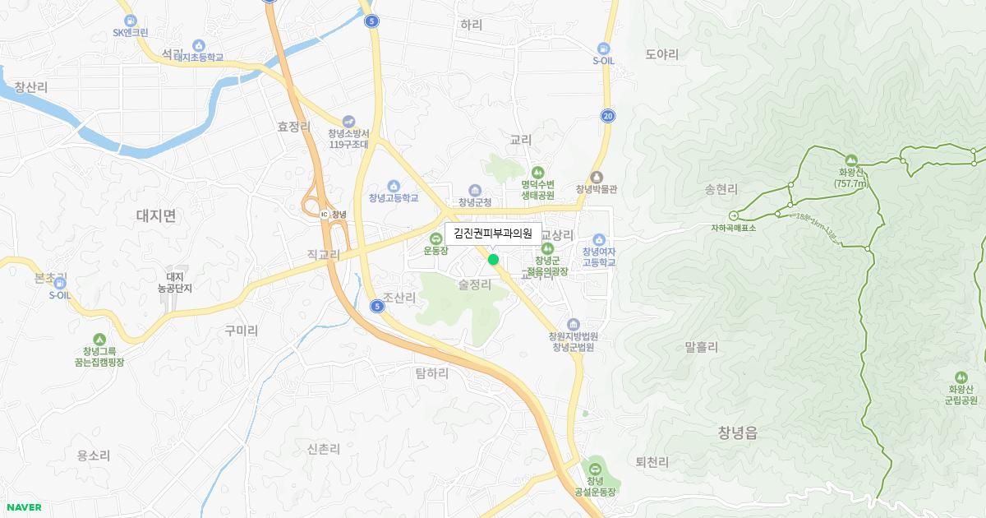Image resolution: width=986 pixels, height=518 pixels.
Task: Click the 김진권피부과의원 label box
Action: pyautogui.click(x=493, y=234)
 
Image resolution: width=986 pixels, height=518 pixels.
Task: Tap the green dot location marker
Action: pyautogui.click(x=493, y=260)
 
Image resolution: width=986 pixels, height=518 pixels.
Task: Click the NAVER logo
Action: pyautogui.click(x=23, y=507)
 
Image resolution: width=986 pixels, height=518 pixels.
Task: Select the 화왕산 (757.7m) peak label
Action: pyautogui.click(x=850, y=178)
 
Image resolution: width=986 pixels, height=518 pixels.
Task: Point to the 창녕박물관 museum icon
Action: pyautogui.click(x=597, y=177)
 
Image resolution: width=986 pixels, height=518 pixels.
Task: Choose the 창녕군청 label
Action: pyautogui.click(x=475, y=202)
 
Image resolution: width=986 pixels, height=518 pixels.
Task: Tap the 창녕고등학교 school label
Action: pyautogui.click(x=394, y=198)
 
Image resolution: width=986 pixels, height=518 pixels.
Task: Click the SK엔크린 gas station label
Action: pyautogui.click(x=131, y=33)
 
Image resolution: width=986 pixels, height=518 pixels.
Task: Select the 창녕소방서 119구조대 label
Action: pyautogui.click(x=349, y=139)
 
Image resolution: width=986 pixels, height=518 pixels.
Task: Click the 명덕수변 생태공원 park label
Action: pyautogui.click(x=537, y=190)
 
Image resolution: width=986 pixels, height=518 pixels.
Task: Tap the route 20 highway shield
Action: pyautogui.click(x=607, y=116)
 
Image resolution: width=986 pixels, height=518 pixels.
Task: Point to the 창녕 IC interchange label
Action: pyautogui.click(x=334, y=215)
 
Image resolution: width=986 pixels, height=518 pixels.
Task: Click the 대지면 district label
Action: pyautogui.click(x=156, y=216)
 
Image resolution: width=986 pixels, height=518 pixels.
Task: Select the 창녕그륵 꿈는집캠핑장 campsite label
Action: pyautogui.click(x=99, y=356)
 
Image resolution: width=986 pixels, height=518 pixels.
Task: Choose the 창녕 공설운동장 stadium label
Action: pyautogui.click(x=595, y=486)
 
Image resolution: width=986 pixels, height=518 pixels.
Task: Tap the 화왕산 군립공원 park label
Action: pyautogui.click(x=961, y=395)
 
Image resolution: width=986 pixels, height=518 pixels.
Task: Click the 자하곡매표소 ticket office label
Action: pyautogui.click(x=734, y=228)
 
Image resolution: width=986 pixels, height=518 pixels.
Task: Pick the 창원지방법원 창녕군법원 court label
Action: pyautogui.click(x=573, y=341)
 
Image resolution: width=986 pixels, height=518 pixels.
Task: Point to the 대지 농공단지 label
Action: pyautogui.click(x=175, y=283)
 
